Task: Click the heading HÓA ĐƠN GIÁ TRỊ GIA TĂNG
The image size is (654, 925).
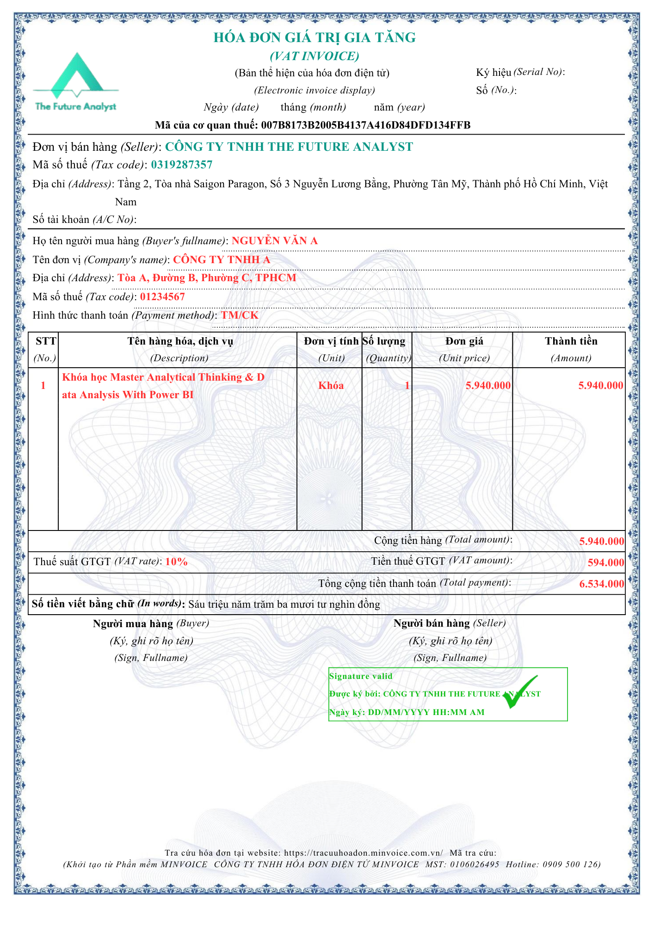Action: [x=315, y=37]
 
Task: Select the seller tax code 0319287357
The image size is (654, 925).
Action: [x=182, y=165]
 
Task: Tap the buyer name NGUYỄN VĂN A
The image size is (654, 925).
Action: [x=275, y=240]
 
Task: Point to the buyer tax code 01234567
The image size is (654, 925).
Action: [x=162, y=297]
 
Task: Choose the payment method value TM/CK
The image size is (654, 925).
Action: [x=240, y=315]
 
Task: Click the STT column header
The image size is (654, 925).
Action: [x=45, y=341]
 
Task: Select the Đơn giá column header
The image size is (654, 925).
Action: [x=464, y=341]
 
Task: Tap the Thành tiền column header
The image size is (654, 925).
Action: [x=571, y=341]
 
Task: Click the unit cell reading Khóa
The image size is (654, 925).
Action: [x=331, y=386]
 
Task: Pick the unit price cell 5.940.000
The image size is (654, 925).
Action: [x=488, y=386]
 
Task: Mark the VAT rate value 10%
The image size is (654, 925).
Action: [x=176, y=562]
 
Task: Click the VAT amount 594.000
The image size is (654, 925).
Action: [x=605, y=563]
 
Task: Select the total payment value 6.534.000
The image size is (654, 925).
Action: [x=601, y=584]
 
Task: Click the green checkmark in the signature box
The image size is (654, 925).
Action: [x=520, y=692]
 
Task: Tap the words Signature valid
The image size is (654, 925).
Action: [x=361, y=676]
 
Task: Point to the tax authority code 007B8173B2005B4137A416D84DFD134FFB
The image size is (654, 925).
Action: [x=365, y=125]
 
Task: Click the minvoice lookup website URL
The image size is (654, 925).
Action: [x=363, y=853]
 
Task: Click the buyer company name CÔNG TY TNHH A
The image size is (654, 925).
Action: [x=222, y=259]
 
